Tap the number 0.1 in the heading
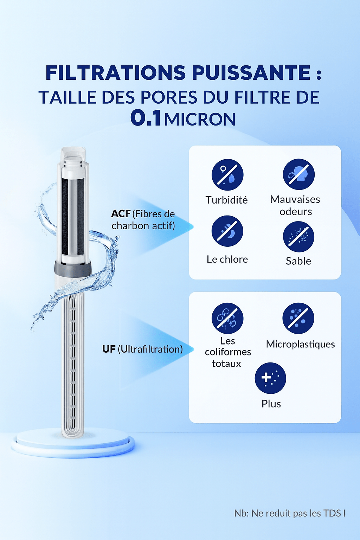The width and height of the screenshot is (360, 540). (x=146, y=118)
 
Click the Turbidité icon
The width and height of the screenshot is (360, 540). (x=227, y=175)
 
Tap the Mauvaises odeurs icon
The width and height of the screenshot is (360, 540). (x=299, y=174)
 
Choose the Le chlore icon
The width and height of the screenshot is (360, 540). (x=227, y=231)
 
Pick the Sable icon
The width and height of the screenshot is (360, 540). (x=299, y=237)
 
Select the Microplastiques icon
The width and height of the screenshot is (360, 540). (x=298, y=318)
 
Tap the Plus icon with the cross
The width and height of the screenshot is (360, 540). (x=270, y=378)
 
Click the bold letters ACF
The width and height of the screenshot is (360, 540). (x=121, y=214)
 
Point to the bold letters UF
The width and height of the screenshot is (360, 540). (x=109, y=349)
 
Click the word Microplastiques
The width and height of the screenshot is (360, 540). (x=301, y=345)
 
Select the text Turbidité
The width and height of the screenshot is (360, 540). (x=227, y=200)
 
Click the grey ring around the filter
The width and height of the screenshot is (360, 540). (x=73, y=268)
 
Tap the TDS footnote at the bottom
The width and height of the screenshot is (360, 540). (x=290, y=513)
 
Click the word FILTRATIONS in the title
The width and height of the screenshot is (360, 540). (x=116, y=72)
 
